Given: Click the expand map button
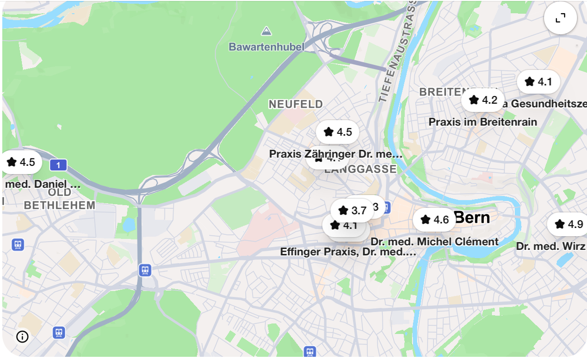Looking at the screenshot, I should (560, 18).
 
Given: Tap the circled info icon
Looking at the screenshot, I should (22, 337).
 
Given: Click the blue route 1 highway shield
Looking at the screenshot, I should (58, 165).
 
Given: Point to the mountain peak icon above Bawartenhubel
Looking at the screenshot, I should (266, 32).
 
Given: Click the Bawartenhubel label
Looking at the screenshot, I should (266, 47).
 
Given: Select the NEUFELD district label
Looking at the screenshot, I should (296, 104).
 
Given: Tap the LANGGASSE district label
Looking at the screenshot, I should (360, 169).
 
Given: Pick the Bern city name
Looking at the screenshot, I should (472, 217).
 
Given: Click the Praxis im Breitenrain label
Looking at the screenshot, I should (482, 122).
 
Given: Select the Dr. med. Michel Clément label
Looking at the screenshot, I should (434, 242).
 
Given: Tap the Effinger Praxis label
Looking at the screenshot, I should (348, 252).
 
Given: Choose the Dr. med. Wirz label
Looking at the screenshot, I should (550, 246).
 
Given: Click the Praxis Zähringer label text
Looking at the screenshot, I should (335, 154).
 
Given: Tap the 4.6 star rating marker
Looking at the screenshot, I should (434, 220).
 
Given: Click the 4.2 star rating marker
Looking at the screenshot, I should (482, 100).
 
